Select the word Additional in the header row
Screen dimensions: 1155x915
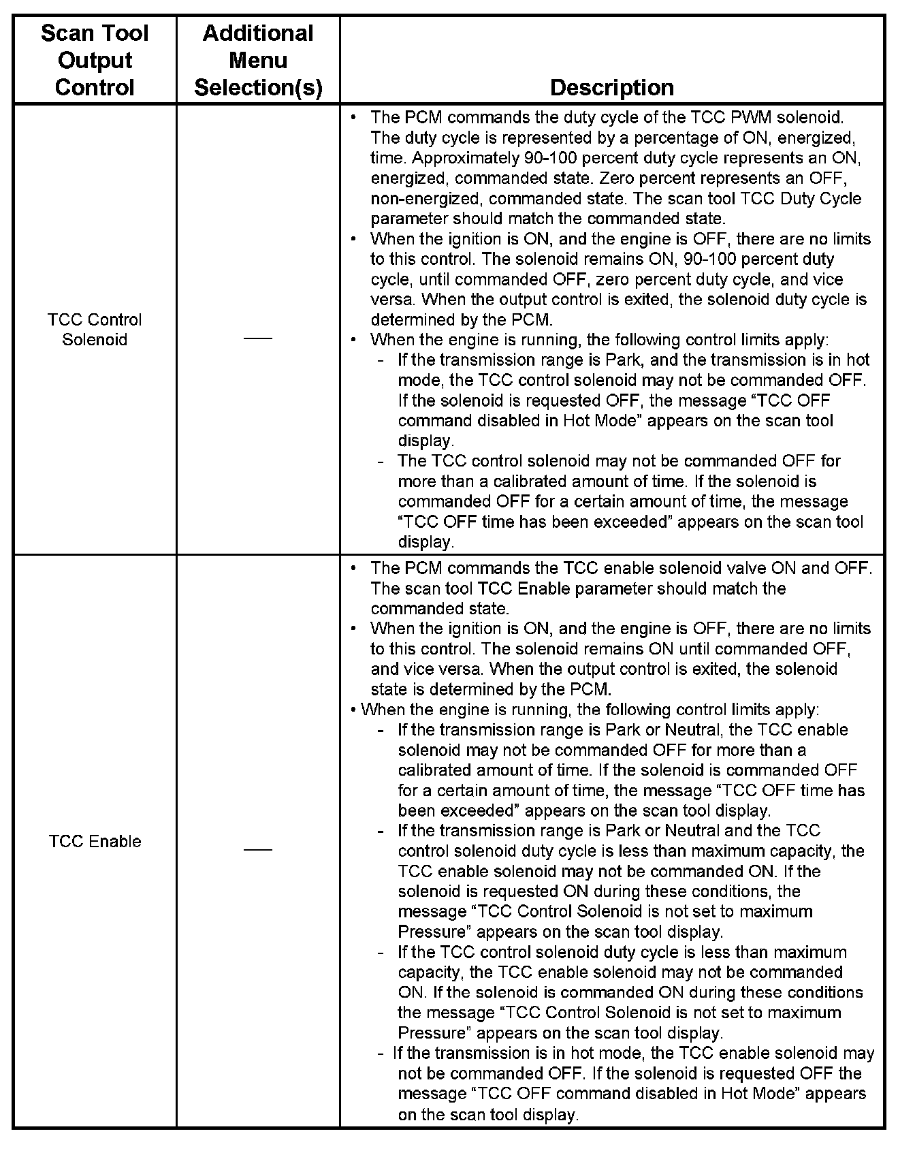(258, 33)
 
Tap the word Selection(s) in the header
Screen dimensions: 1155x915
(258, 87)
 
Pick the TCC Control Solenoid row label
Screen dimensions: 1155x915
(95, 330)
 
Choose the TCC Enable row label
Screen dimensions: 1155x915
(95, 841)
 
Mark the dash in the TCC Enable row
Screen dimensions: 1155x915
(258, 850)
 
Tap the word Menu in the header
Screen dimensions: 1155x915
(258, 60)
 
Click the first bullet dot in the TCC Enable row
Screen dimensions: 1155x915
(353, 568)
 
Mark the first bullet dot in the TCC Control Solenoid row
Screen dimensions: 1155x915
(353, 117)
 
